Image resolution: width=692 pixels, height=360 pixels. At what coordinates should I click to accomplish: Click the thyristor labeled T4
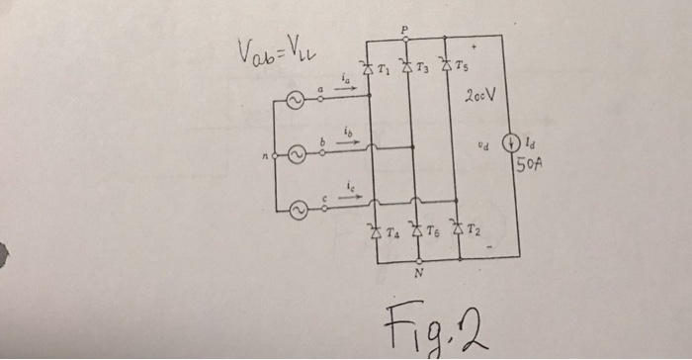coord(375,234)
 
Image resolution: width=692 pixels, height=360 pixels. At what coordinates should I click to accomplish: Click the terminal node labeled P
coord(405,36)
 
